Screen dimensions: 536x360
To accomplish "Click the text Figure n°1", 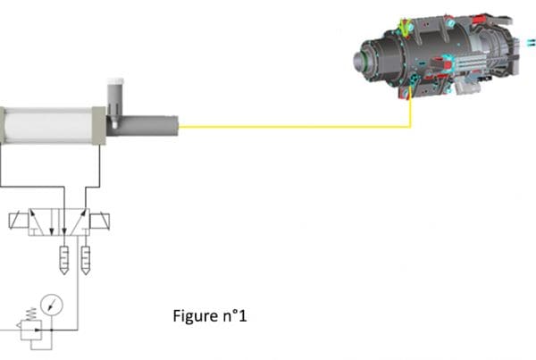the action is [210, 316].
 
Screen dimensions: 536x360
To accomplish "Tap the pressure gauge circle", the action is [52, 305].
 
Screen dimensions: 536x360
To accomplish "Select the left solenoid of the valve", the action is [18, 221].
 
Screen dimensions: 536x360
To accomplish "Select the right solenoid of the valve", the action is [99, 222].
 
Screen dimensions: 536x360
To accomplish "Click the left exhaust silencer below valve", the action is [64, 260].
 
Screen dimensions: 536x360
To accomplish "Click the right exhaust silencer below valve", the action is [86, 260].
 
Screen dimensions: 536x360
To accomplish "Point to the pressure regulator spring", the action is [31, 314].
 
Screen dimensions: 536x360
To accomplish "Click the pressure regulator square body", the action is [31, 330].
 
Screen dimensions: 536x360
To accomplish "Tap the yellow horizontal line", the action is [295, 127].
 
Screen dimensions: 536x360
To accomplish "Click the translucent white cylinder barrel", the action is [48, 125].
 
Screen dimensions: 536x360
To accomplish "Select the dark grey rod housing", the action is [143, 126].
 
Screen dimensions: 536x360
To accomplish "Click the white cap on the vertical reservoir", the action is [115, 81].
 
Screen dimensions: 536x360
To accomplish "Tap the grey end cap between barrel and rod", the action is [99, 125].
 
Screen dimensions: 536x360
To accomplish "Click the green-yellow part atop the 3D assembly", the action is [406, 28].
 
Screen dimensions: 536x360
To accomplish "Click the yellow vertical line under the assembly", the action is [410, 113].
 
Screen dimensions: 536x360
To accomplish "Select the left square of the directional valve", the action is [44, 222].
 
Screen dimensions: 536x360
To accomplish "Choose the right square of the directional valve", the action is [74, 222].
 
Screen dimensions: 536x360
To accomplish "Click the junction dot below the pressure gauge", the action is [52, 330].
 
